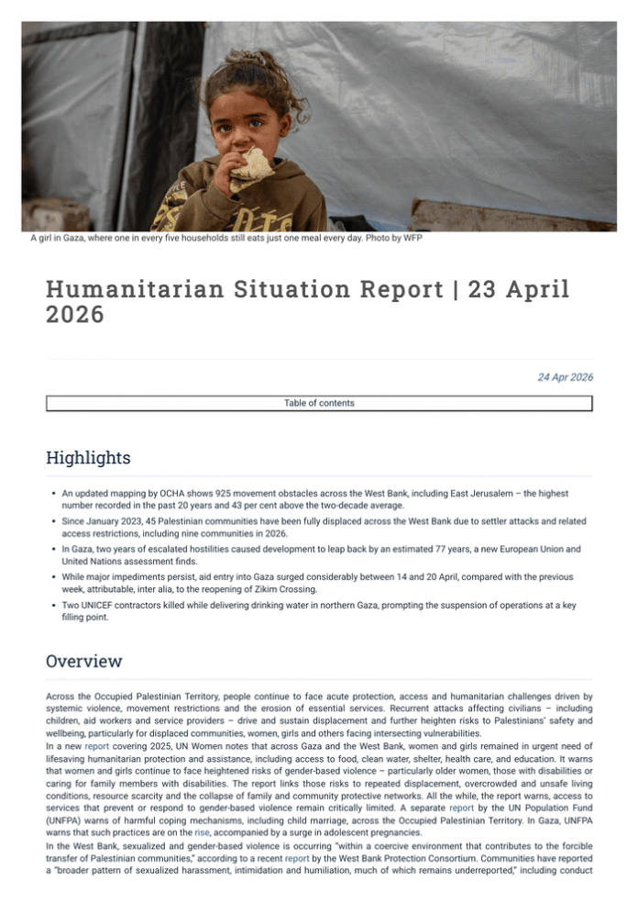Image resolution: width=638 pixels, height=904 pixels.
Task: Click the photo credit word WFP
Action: [410, 239]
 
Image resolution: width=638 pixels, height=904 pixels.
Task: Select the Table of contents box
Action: [319, 403]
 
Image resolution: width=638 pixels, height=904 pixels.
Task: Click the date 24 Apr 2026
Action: [564, 377]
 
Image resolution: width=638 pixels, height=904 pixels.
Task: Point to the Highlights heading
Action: [88, 457]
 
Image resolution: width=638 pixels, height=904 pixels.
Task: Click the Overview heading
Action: [83, 661]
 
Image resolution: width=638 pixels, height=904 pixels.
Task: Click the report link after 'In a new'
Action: [97, 747]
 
